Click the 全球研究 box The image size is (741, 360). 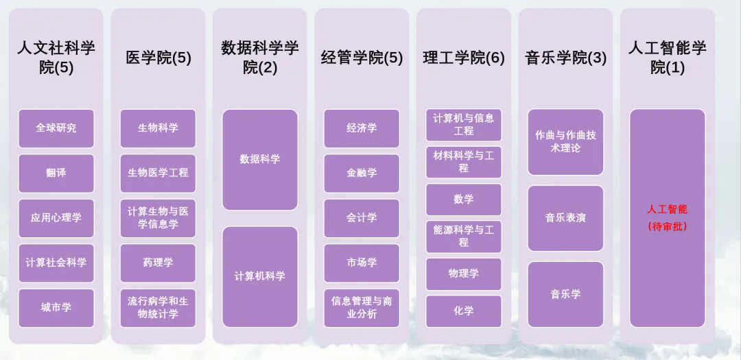click(56, 128)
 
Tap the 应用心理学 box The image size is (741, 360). click(56, 218)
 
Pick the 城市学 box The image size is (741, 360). click(56, 308)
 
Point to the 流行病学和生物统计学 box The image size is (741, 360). click(158, 308)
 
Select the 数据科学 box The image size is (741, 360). click(260, 160)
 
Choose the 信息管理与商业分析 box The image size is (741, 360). click(362, 308)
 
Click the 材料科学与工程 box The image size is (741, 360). click(464, 162)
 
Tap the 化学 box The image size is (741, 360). click(464, 311)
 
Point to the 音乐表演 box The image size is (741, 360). click(565, 218)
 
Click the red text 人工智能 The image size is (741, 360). click(668, 209)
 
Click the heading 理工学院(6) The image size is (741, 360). click(464, 58)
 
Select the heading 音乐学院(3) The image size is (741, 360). click(565, 58)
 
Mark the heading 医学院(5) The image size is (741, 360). click(158, 58)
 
